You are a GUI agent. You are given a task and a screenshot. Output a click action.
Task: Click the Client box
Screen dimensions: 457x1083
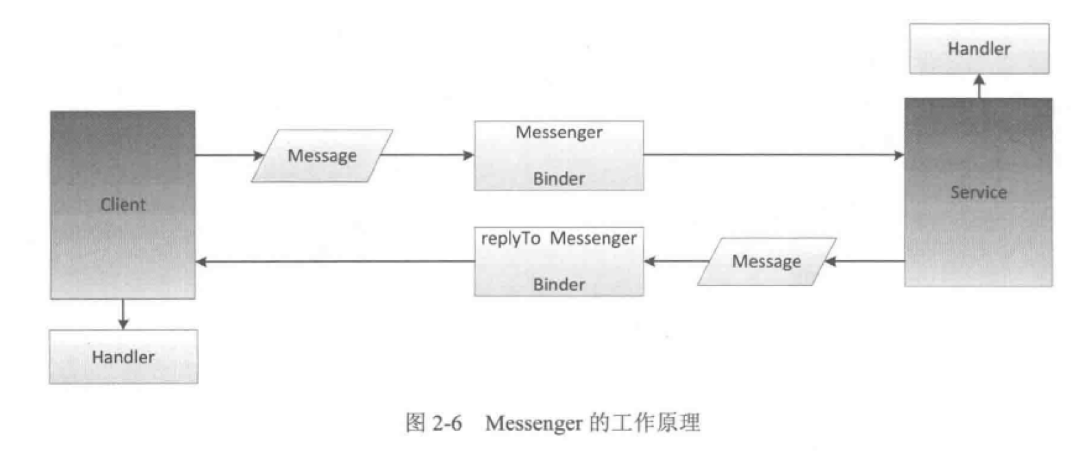[123, 204]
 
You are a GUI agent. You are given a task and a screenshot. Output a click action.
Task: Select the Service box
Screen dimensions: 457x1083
[978, 192]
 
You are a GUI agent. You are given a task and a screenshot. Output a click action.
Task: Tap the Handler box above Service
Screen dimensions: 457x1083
[979, 49]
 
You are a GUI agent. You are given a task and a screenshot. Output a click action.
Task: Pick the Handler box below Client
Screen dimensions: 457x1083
[124, 357]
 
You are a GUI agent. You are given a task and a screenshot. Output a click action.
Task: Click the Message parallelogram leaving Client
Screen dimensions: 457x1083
[322, 156]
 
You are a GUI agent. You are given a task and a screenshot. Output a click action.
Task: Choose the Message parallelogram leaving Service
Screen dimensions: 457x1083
[767, 261]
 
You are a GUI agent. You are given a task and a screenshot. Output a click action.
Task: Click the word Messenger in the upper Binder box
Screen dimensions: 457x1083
[559, 132]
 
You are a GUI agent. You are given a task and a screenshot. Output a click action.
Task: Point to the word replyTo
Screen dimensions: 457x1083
[511, 239]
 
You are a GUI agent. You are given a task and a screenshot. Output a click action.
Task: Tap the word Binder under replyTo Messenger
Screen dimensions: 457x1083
[559, 284]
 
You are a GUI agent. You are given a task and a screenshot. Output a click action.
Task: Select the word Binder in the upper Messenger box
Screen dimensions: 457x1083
[559, 178]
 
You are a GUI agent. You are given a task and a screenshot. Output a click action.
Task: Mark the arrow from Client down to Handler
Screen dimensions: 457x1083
[124, 314]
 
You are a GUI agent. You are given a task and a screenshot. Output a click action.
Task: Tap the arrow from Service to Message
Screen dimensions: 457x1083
[865, 261]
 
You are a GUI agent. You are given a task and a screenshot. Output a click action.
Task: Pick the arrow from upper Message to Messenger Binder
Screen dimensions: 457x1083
[426, 155]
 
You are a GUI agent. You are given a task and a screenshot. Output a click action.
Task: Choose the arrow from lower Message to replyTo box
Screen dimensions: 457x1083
[675, 261]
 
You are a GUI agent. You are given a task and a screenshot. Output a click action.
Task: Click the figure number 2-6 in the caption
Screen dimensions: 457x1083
[447, 423]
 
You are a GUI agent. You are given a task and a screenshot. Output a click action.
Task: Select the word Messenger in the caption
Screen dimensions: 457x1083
[533, 423]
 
